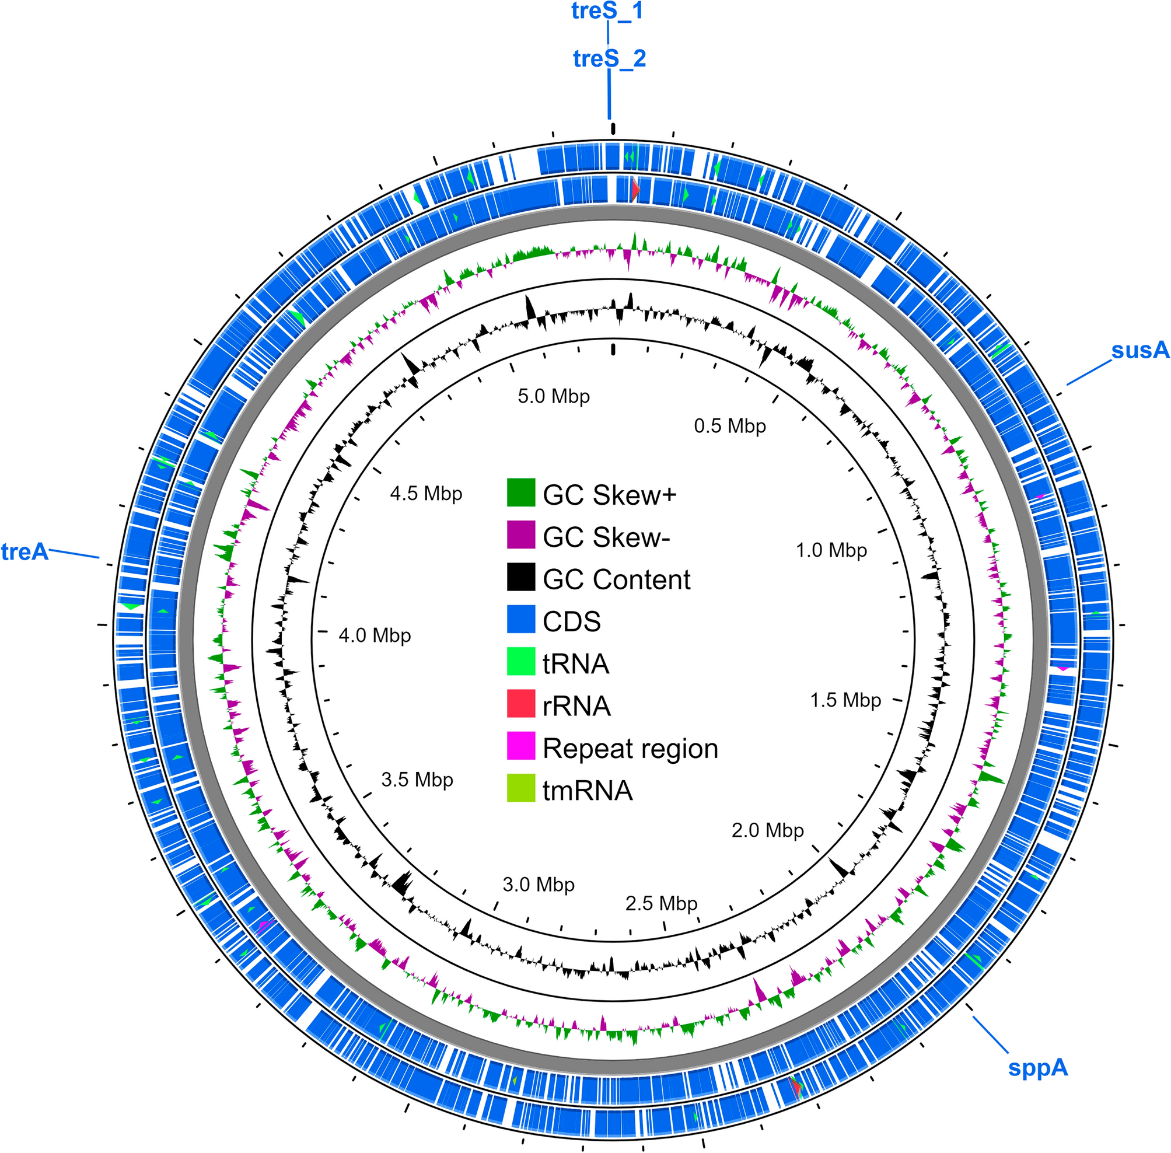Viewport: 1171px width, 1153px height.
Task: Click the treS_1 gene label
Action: click(607, 11)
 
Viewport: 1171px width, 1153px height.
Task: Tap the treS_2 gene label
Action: click(609, 59)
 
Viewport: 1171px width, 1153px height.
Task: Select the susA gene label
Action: click(1140, 351)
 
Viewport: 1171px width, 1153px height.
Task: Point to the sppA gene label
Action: click(1037, 1067)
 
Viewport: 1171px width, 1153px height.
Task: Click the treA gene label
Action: click(25, 551)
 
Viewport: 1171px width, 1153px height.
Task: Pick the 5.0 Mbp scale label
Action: click(553, 396)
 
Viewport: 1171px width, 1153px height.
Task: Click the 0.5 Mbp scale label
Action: click(729, 426)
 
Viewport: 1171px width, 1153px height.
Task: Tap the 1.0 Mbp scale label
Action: click(831, 550)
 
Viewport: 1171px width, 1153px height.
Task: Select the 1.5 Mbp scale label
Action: click(845, 700)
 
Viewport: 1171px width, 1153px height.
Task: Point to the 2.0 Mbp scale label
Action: click(767, 830)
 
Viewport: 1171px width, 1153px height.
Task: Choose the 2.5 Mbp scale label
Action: click(661, 903)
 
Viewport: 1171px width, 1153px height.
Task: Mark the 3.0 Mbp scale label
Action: click(539, 884)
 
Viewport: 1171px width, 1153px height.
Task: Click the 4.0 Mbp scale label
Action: click(375, 635)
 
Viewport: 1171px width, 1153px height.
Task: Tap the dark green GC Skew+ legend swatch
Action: click(520, 492)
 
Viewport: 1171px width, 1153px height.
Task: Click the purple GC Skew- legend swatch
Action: click(520, 534)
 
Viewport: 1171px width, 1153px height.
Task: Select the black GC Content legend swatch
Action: click(520, 577)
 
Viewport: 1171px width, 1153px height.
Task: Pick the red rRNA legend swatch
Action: click(520, 704)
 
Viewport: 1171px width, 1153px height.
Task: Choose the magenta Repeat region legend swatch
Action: click(520, 746)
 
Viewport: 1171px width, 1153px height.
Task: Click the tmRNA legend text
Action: click(588, 790)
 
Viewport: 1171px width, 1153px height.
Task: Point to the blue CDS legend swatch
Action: click(520, 619)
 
